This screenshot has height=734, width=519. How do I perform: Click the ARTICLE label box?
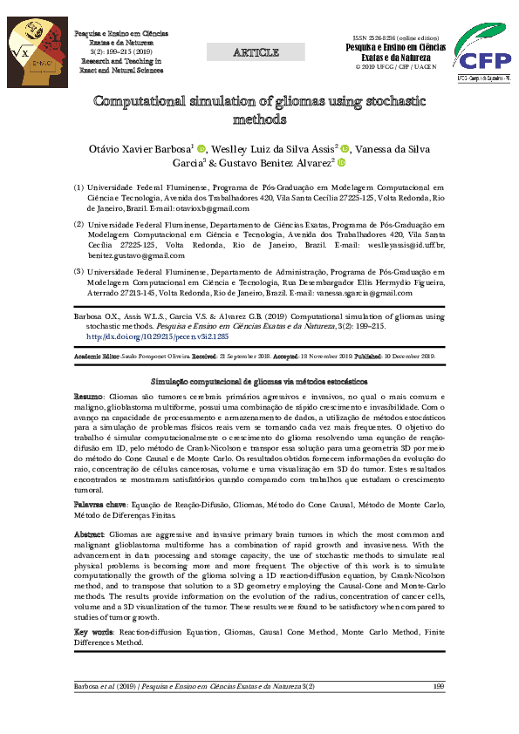[256, 53]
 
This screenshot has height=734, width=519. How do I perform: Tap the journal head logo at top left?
[37, 53]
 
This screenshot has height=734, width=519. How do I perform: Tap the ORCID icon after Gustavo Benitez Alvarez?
[342, 162]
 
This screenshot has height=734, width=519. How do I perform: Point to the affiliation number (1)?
[78, 187]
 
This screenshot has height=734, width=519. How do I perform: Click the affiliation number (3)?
[78, 272]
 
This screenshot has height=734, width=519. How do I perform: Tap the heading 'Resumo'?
[89, 396]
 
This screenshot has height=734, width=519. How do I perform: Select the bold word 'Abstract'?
[90, 534]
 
